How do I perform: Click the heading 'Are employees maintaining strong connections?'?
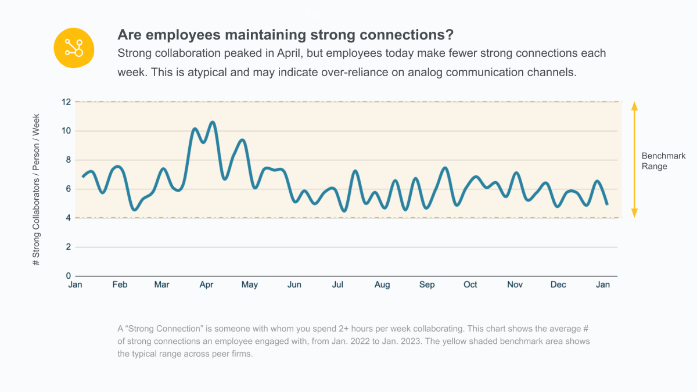285,34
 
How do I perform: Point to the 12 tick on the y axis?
66,102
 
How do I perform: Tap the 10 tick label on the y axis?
66,131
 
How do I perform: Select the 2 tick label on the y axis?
68,247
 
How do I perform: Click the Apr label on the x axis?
207,285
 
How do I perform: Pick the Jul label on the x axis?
337,285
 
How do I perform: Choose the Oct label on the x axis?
470,285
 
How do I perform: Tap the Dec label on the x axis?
558,285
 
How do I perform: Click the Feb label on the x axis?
120,285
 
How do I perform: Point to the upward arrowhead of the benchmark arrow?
634,106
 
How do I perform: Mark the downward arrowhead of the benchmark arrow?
634,213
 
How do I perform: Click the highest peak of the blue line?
213,122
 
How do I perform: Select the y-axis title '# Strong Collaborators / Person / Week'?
37,189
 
